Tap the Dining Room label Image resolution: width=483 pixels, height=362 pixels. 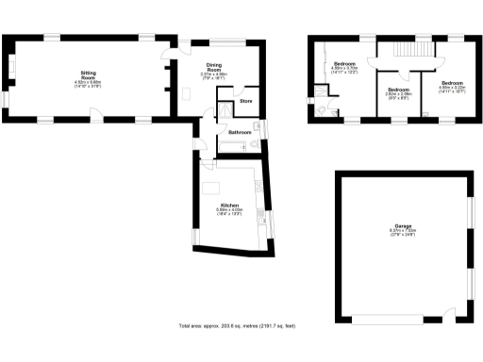coord(213,69)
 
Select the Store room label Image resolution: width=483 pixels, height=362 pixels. coord(245,100)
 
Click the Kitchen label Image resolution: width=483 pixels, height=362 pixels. coord(229,205)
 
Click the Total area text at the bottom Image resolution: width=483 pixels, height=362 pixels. coord(237,325)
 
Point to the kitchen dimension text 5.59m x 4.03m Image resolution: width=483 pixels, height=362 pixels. coord(229,211)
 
